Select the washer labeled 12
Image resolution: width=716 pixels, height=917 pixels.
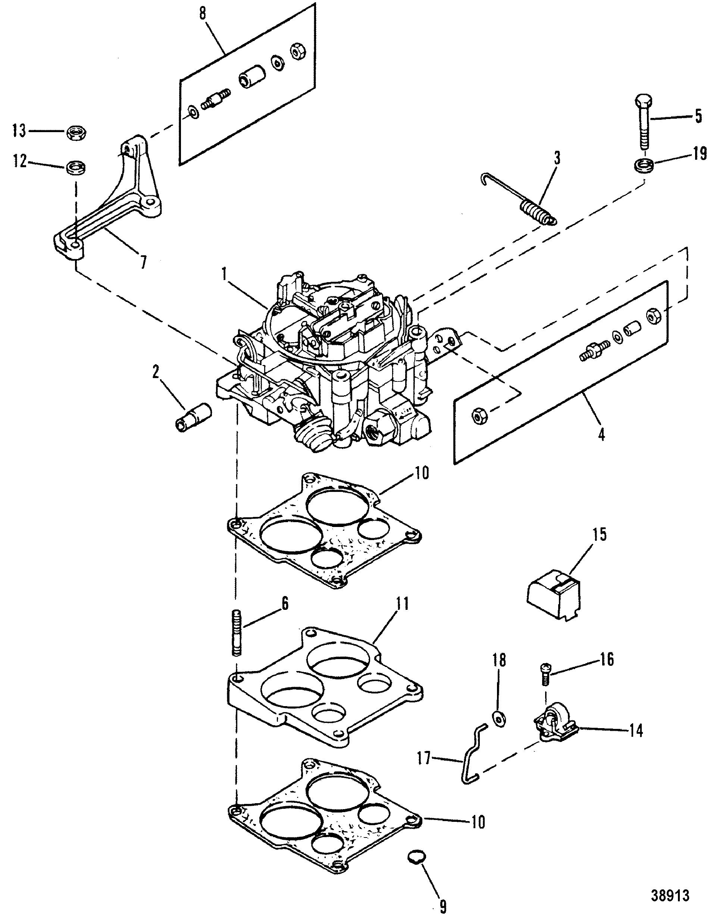click(76, 168)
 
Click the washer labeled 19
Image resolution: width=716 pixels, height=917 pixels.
click(644, 164)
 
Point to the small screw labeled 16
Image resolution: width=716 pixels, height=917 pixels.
click(544, 676)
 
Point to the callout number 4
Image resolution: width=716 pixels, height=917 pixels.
click(601, 434)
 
